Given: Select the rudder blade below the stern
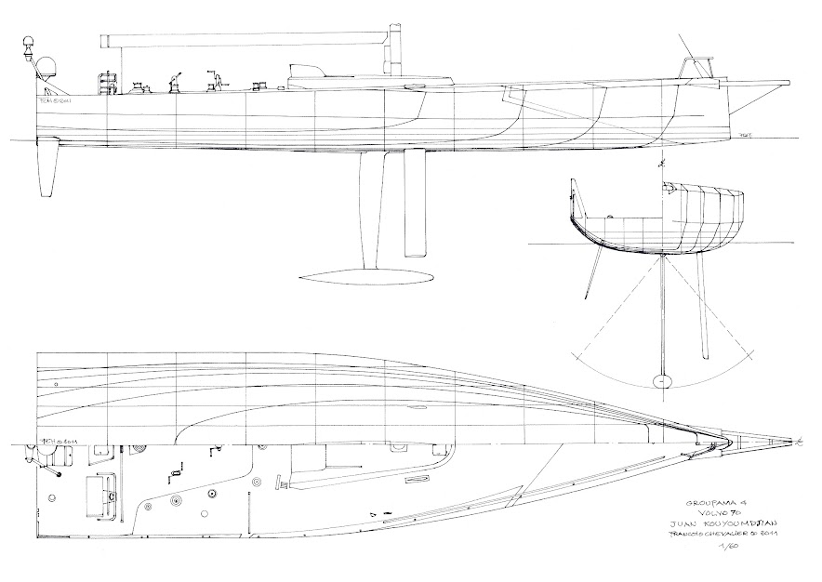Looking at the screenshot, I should tap(47, 172).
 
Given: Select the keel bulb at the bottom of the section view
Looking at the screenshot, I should tap(662, 380).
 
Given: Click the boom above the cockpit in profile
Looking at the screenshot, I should tap(251, 39).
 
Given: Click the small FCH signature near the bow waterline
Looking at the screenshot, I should tap(745, 136).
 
